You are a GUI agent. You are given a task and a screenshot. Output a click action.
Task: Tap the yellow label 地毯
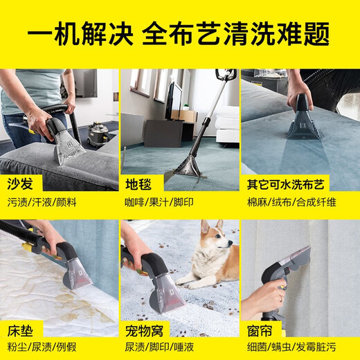[x=137, y=184]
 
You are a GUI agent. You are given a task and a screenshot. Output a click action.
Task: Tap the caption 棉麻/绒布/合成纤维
[x=289, y=202]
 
